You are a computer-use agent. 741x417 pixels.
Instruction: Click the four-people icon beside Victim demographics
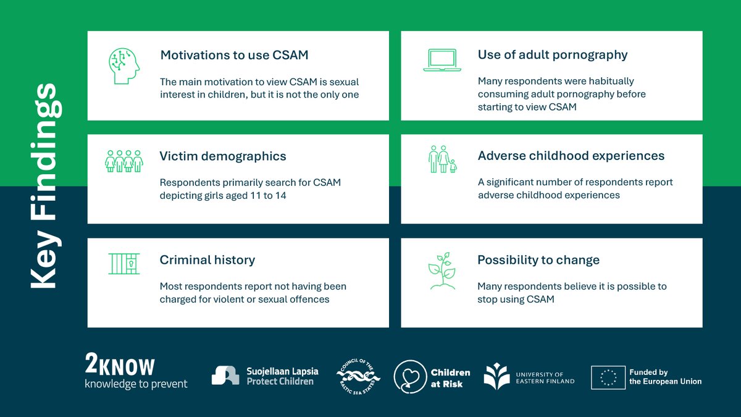point(124,161)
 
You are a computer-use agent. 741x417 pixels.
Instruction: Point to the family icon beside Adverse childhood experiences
point(442,159)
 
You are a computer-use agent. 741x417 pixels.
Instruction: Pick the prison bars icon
point(124,264)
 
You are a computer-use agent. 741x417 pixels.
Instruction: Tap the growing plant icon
point(442,271)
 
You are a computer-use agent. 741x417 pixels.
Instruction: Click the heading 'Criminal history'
point(207,260)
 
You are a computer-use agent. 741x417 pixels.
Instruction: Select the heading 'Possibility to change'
point(538,260)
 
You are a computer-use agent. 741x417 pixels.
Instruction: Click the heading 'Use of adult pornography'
point(553,54)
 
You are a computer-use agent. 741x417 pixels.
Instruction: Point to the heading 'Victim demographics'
point(223,156)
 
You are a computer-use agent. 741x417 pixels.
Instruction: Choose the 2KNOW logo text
point(120,366)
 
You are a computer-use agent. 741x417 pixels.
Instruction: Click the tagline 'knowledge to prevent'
point(136,384)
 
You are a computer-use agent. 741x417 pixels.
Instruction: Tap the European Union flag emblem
point(608,377)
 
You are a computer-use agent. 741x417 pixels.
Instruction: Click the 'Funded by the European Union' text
point(665,377)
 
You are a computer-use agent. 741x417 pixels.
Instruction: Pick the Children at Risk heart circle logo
point(409,376)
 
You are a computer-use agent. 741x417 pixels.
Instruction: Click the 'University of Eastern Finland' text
point(545,377)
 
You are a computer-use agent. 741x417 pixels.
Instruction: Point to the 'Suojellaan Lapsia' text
point(282,371)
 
